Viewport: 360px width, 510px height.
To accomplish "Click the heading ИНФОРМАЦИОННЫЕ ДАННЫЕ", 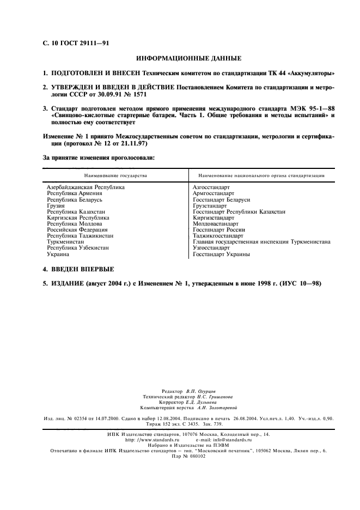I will (180, 58).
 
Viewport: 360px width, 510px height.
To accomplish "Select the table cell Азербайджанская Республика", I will (86, 187).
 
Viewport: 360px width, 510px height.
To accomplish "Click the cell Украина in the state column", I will (58, 254).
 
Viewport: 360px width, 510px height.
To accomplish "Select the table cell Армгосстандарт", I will (213, 193).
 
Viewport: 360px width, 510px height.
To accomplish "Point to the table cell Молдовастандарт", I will (216, 223).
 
